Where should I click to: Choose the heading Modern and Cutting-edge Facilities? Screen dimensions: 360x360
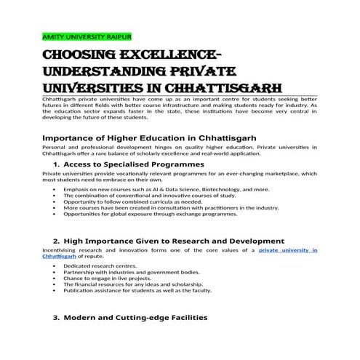[136, 318]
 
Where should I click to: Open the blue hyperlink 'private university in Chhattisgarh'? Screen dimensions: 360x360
[289, 250]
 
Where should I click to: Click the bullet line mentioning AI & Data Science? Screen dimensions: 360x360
[166, 189]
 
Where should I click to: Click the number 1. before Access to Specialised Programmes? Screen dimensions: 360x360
[57, 164]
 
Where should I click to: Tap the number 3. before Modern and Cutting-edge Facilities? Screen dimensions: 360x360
[57, 318]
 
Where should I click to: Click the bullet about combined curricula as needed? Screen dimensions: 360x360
[130, 201]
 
